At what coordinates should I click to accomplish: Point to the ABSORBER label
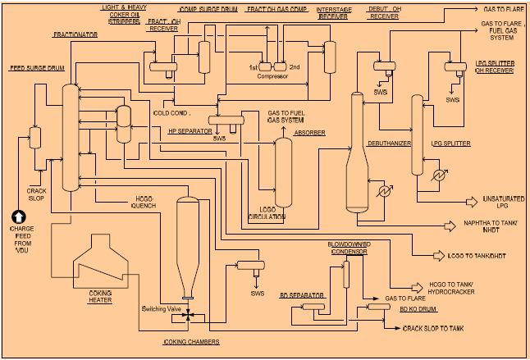tap(309, 132)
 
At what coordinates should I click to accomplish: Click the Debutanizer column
tap(357, 156)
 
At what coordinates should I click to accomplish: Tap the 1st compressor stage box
tap(267, 66)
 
